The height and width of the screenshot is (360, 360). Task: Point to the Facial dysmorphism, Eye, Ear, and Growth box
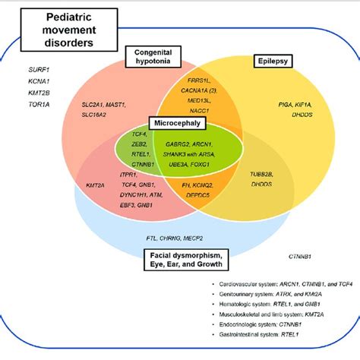pos(195,259)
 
